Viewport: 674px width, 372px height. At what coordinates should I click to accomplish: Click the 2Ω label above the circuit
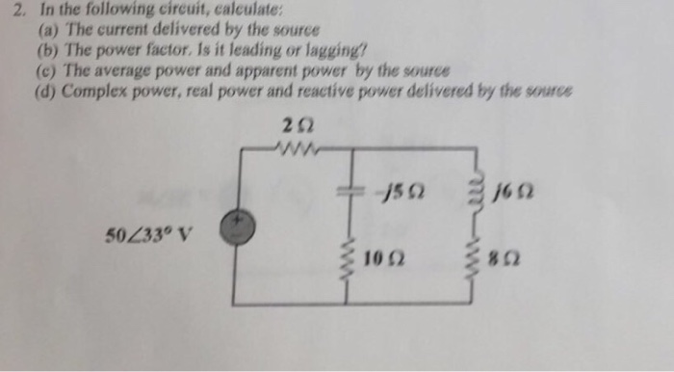(x=295, y=124)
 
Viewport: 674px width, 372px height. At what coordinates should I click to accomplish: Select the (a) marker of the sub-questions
(x=45, y=29)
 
